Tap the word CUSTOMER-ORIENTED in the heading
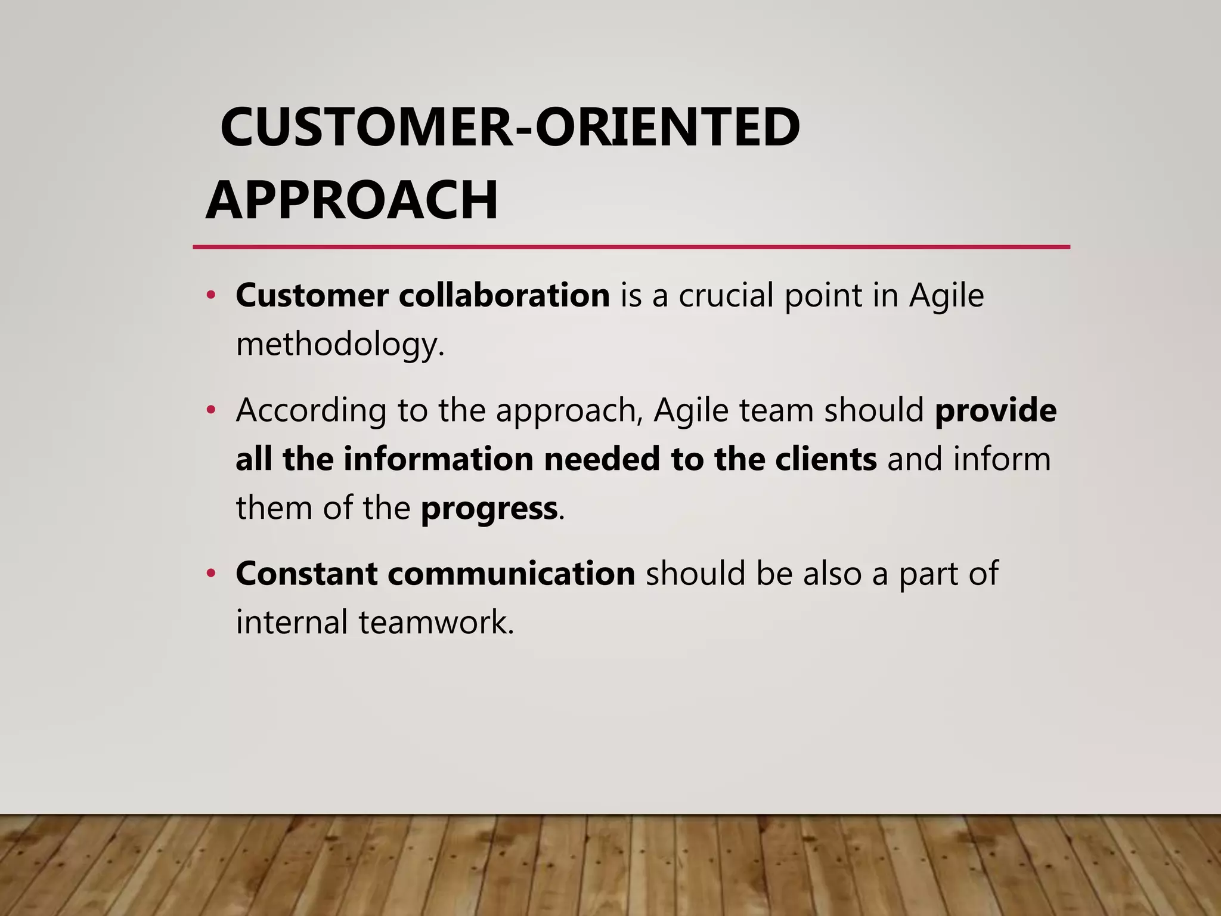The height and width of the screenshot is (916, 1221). coord(510,127)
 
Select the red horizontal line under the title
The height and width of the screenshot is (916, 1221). coord(631,246)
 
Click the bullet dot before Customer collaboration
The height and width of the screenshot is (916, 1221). coord(210,295)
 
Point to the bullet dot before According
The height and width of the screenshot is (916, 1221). coord(210,410)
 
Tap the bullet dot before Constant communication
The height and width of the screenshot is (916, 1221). coord(210,574)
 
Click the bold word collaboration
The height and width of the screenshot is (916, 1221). coord(504,295)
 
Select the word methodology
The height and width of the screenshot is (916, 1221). coord(340,345)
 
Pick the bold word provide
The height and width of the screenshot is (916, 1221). coord(996,410)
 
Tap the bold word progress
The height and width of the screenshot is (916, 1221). coord(489,509)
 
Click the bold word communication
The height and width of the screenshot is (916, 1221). coord(511,574)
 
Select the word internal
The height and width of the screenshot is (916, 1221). coord(292,622)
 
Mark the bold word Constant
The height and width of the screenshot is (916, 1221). coord(306,574)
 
